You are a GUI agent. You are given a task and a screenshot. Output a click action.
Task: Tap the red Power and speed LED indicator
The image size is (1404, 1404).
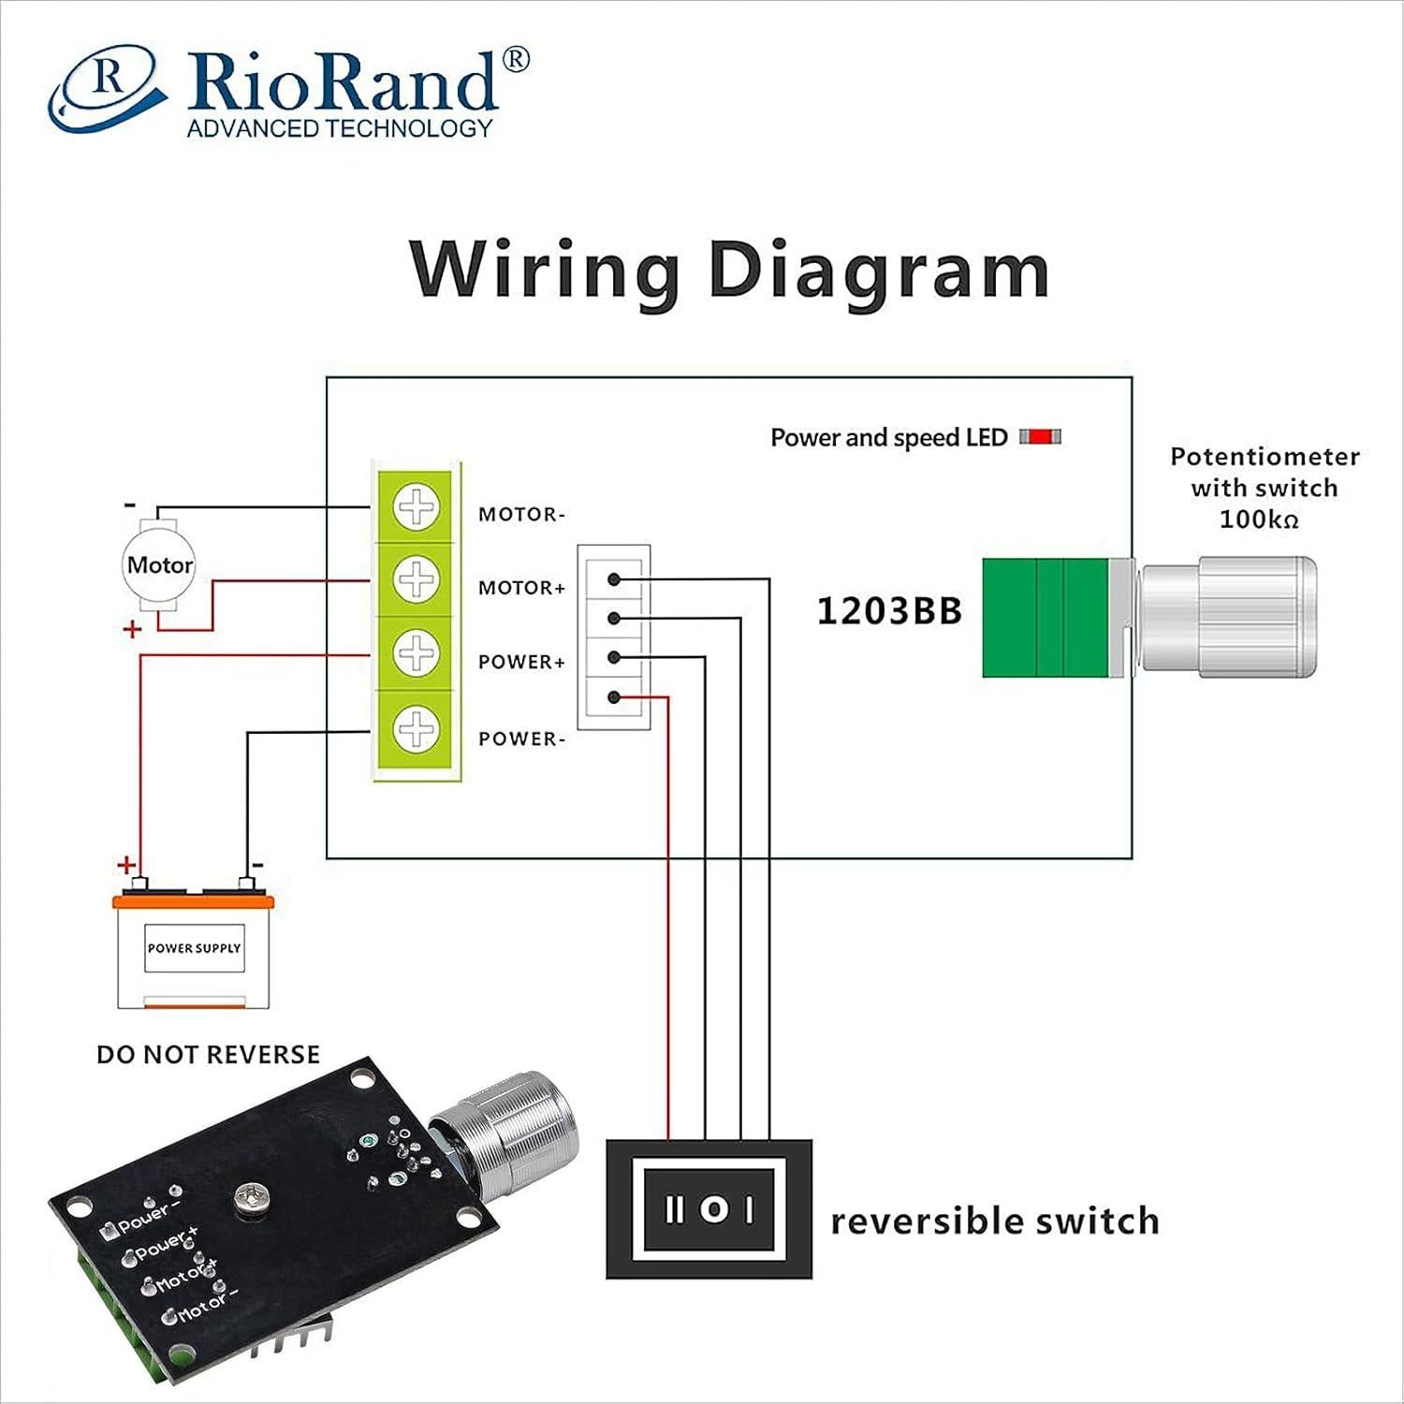pyautogui.click(x=1040, y=437)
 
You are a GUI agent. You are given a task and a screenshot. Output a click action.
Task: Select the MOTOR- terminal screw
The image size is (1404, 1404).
pyautogui.click(x=417, y=507)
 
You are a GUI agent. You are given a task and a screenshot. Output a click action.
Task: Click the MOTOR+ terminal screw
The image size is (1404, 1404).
pyautogui.click(x=417, y=580)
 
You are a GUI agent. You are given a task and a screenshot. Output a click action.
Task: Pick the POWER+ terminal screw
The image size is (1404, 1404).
pyautogui.click(x=417, y=653)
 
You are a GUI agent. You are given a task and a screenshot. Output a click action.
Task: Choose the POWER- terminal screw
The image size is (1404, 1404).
pyautogui.click(x=417, y=728)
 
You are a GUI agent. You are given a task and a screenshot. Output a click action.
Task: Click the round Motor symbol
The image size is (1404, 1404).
pyautogui.click(x=160, y=565)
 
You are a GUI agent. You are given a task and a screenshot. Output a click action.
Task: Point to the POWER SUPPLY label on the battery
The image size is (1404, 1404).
pyautogui.click(x=194, y=948)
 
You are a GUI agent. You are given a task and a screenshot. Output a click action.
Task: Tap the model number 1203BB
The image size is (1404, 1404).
pyautogui.click(x=889, y=611)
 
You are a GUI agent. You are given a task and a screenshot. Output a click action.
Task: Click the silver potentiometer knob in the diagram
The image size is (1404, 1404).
pyautogui.click(x=1226, y=616)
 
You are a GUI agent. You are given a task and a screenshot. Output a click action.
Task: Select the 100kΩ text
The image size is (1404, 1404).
pyautogui.click(x=1259, y=519)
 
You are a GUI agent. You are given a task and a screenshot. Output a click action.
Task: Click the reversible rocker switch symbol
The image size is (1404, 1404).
pyautogui.click(x=709, y=1209)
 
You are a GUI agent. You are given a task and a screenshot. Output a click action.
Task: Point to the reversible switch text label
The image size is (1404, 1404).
pyautogui.click(x=995, y=1221)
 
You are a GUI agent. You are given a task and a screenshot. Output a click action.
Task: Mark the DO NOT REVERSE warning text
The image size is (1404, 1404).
pyautogui.click(x=208, y=1055)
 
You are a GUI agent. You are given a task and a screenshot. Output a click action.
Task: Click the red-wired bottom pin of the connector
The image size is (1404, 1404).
pyautogui.click(x=614, y=697)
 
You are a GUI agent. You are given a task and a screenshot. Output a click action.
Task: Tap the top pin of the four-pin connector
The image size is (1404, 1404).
pyautogui.click(x=614, y=579)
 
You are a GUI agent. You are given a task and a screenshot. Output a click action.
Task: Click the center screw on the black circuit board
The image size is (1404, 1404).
pyautogui.click(x=253, y=1199)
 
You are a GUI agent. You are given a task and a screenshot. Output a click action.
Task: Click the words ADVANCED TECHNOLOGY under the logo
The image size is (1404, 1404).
pyautogui.click(x=339, y=128)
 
